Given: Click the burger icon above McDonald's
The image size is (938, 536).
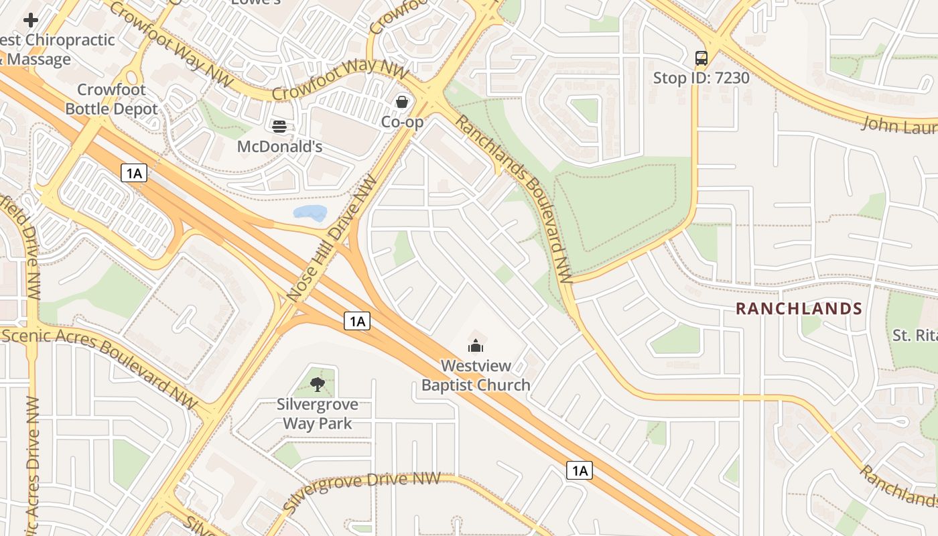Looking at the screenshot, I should coord(279,126).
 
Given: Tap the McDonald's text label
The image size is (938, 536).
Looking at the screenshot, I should coord(280,146).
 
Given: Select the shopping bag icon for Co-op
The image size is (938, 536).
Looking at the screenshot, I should coord(402,102).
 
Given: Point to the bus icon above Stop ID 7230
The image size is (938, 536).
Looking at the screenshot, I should coord(701,58).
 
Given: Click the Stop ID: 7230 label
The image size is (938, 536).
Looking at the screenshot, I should coord(701,78).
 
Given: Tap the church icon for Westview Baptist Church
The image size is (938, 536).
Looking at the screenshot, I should coord(476,346).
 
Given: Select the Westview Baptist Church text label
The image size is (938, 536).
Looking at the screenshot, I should coord(476,375).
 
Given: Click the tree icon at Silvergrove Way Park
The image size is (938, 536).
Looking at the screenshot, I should coord(318,384).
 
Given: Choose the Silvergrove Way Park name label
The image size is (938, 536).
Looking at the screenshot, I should coord(318,413).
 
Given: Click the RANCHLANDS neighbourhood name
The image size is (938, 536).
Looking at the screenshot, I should coord(799,309).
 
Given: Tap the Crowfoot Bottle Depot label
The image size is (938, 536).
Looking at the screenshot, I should coord(111,99).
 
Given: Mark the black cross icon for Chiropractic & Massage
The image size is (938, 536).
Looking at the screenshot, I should coord(30,20).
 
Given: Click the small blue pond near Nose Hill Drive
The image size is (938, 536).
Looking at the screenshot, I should coord(310,214).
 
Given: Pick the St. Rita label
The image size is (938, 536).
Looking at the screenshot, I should coord(914,334).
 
